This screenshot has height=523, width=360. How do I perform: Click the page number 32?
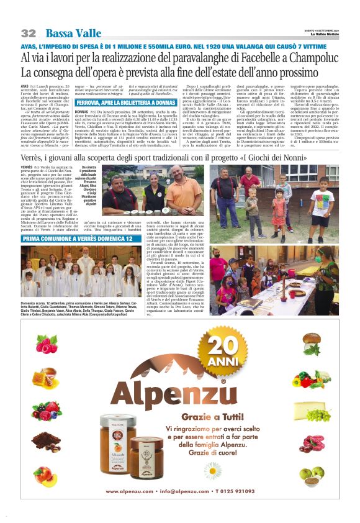coord(29,33)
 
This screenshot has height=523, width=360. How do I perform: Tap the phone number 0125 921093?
coord(255,491)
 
